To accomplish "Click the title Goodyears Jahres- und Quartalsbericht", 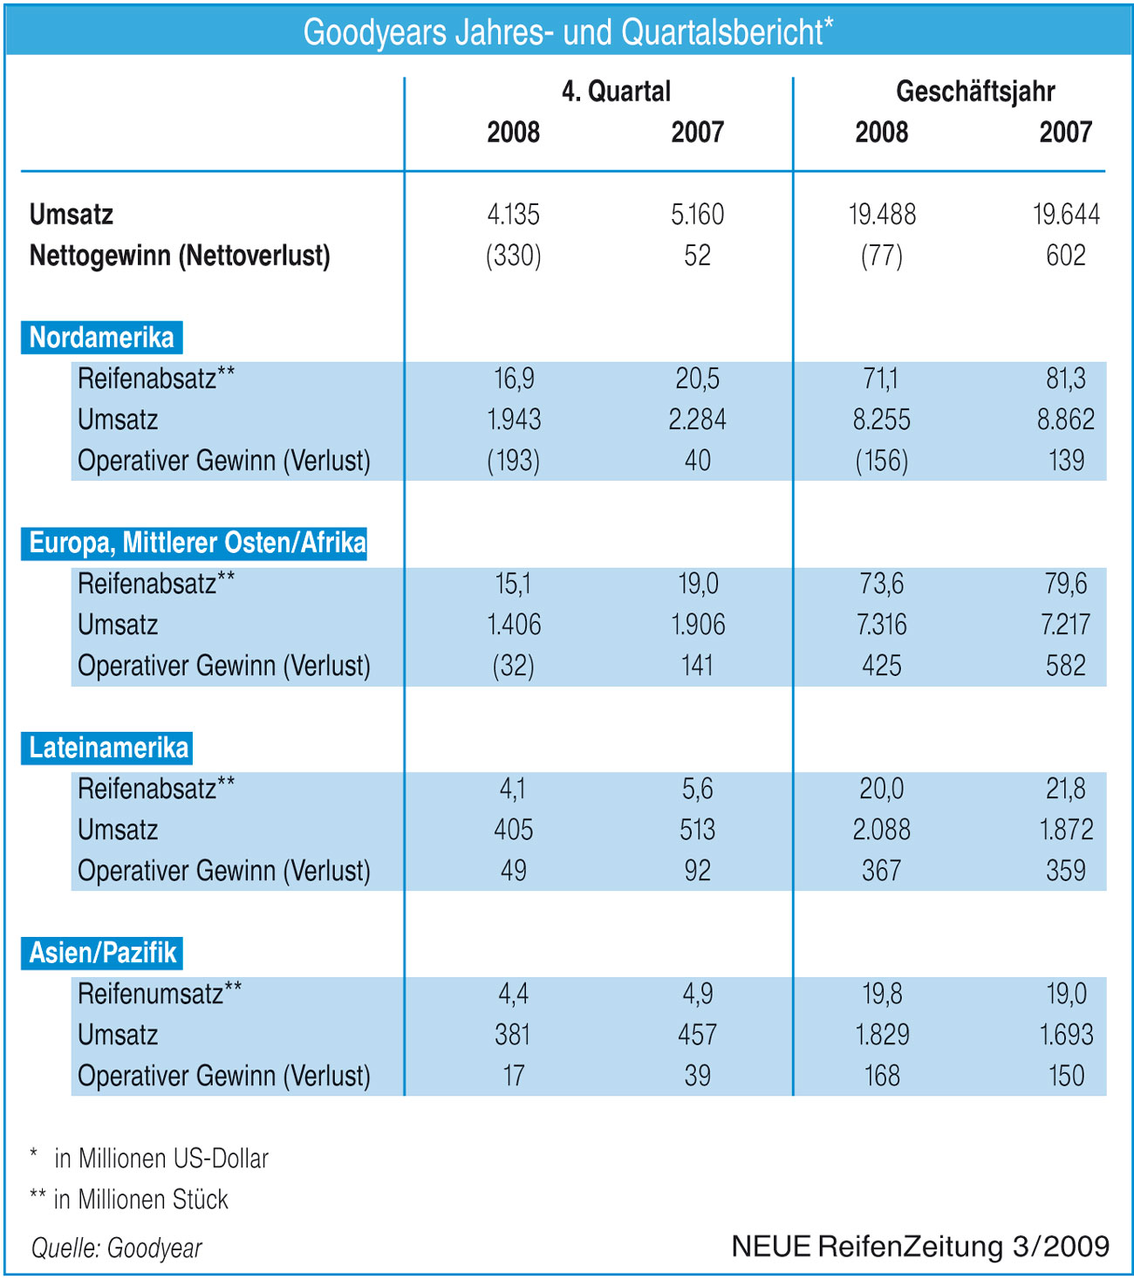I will coord(568,32).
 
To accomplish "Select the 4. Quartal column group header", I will coord(616,91).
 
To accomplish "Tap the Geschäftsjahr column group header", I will coord(975,91).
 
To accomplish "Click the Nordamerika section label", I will coord(101,338).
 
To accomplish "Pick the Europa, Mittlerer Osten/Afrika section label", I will coord(196,543).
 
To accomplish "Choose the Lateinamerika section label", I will coord(108,748).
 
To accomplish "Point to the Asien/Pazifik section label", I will coord(103,953).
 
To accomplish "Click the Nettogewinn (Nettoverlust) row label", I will coord(180,256).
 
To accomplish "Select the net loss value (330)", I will coord(513,256).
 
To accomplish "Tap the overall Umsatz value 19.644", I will coord(1066,215).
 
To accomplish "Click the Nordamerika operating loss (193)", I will coord(513,461).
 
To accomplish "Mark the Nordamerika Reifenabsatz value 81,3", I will coord(1066,379).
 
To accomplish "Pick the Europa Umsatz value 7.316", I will coord(881,625).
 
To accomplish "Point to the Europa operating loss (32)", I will coord(513,666).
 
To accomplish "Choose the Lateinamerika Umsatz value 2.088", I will coord(881,830).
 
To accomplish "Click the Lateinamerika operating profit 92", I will coord(697,871).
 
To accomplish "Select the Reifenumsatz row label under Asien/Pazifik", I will coord(159,994).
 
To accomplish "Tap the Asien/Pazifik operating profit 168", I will coord(881,1076).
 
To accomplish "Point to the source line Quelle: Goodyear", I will coord(116,1248).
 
